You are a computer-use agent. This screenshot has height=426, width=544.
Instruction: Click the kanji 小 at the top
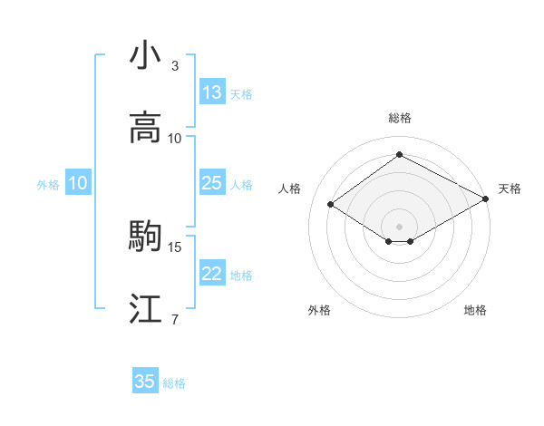click(x=145, y=55)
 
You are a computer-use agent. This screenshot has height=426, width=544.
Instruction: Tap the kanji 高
click(x=145, y=129)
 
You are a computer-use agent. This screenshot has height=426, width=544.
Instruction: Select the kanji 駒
click(x=145, y=237)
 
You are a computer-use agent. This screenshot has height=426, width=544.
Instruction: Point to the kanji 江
click(x=145, y=310)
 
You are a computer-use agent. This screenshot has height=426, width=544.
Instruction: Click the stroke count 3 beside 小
click(x=174, y=65)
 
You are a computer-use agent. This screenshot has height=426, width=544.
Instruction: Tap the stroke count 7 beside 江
click(x=174, y=319)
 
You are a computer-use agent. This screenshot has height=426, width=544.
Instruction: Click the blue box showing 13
click(x=212, y=92)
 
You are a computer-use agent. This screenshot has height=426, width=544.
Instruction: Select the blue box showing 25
click(x=212, y=183)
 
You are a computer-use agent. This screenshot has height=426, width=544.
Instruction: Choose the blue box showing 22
click(x=212, y=274)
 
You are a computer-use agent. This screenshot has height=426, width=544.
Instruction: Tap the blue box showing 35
click(x=145, y=382)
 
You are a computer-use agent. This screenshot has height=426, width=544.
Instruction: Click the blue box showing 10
click(x=78, y=183)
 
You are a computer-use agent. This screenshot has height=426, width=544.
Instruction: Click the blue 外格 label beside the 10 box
click(x=48, y=184)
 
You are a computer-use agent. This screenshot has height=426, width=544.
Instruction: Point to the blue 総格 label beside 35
click(x=174, y=383)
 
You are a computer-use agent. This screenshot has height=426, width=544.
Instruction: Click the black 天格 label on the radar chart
click(x=510, y=189)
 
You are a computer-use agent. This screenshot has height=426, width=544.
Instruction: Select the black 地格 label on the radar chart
click(x=475, y=310)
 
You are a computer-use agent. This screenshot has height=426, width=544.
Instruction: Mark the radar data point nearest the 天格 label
click(x=486, y=199)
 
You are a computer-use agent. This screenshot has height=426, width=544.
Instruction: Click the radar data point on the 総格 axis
click(x=399, y=155)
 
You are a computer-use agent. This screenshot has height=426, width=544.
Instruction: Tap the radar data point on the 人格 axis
click(x=331, y=205)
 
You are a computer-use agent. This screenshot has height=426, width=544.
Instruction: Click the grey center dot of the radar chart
click(x=399, y=226)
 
